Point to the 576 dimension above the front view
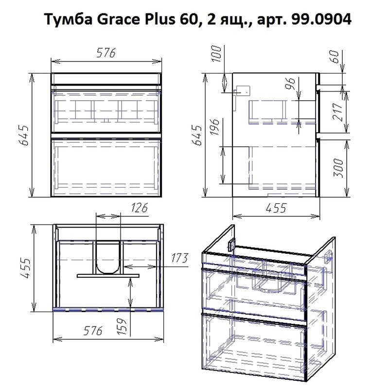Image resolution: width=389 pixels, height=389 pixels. coord(105,53)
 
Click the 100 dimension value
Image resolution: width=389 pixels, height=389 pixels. coord(217,54)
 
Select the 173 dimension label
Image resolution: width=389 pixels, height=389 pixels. coord(179,258)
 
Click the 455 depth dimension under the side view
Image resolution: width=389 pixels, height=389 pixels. coord(275,208)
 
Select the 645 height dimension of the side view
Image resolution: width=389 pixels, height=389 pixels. coord(197,137)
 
